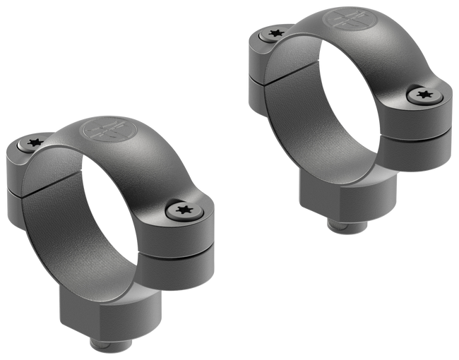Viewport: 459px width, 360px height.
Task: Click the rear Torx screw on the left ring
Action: pos(32,144)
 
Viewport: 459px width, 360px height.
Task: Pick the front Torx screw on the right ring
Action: pos(422,94)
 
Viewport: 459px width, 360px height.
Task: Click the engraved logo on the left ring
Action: pos(100,131)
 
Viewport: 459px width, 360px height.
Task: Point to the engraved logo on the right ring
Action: pos(346,19)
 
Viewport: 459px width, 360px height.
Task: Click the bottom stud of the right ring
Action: pos(349,225)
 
